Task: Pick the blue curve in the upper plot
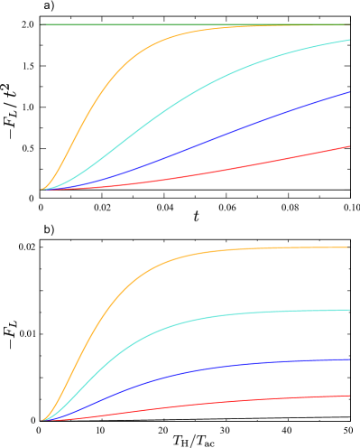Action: click(x=226, y=135)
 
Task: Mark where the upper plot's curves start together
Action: click(x=42, y=190)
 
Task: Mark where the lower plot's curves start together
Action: click(x=42, y=421)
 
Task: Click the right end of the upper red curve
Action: click(x=349, y=146)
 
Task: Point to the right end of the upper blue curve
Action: click(x=349, y=92)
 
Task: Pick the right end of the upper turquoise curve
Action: click(x=349, y=40)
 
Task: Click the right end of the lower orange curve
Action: click(x=349, y=247)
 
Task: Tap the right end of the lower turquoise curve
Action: click(x=349, y=310)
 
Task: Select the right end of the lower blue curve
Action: click(x=349, y=359)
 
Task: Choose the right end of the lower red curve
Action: click(x=349, y=396)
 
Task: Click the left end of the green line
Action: click(x=42, y=24)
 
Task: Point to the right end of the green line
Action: click(x=349, y=24)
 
